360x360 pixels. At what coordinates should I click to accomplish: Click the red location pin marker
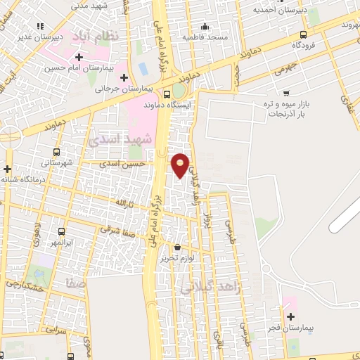(181, 165)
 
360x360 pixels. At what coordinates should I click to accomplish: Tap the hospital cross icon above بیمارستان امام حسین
(79, 57)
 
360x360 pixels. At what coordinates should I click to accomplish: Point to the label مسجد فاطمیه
(203, 36)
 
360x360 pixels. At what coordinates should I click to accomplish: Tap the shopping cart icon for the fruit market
(286, 93)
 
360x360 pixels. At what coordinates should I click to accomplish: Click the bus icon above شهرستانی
(56, 151)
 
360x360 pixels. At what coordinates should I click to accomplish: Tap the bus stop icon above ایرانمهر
(61, 231)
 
